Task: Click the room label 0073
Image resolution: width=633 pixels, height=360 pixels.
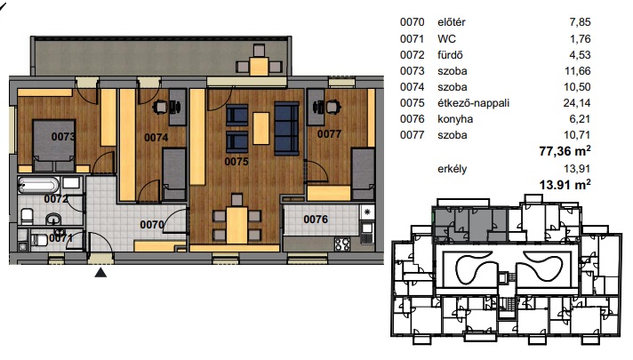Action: coord(63,137)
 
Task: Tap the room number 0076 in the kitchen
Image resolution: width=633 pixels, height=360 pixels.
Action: coord(316,220)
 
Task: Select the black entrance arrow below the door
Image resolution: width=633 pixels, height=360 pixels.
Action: coord(100,272)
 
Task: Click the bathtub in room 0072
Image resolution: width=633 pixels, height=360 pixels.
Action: coord(38,185)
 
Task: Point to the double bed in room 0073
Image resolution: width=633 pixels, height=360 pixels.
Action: coord(53,145)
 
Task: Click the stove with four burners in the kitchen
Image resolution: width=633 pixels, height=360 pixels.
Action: coord(342,244)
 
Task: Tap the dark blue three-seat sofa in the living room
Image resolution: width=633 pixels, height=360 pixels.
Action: coord(286,128)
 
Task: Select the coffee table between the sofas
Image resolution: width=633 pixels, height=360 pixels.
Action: coord(261,128)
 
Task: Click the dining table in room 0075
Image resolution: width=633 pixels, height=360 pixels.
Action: coord(236,225)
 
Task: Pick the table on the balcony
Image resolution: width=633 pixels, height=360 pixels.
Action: coord(259,66)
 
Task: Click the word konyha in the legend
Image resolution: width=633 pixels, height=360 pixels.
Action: coord(455,119)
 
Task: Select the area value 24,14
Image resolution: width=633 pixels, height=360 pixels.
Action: coord(577,103)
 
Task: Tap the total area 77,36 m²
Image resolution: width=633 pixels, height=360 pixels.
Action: coord(565,151)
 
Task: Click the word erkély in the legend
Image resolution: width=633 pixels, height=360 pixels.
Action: coord(453,169)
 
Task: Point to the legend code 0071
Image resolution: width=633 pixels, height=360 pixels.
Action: coord(413,39)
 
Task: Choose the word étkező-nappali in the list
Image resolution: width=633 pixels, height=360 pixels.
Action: coord(474,103)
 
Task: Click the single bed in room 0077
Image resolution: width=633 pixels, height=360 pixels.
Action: coord(363,173)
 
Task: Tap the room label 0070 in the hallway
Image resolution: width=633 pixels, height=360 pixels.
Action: coord(152,224)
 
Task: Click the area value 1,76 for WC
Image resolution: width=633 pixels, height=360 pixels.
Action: coord(580,39)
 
